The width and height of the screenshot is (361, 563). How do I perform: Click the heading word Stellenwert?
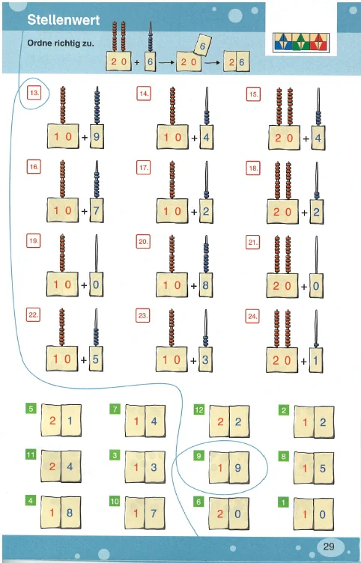click(x=63, y=19)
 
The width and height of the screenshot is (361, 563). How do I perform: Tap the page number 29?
click(x=329, y=547)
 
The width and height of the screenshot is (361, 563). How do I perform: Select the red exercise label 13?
click(x=34, y=93)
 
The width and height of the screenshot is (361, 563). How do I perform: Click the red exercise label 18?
click(x=253, y=168)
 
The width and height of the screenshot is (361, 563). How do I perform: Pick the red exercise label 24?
click(x=252, y=317)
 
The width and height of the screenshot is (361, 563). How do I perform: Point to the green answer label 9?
click(x=198, y=456)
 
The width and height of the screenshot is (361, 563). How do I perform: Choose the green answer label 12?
click(x=198, y=410)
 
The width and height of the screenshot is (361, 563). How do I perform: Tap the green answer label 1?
click(x=283, y=502)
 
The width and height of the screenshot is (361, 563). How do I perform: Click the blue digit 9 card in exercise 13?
click(x=97, y=136)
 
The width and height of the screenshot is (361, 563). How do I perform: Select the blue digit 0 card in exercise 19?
click(x=96, y=284)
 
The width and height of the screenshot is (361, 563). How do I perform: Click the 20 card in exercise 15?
click(x=284, y=138)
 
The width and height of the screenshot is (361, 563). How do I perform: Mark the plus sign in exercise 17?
click(x=194, y=212)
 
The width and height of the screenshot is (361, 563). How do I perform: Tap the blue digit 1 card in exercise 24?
click(x=316, y=360)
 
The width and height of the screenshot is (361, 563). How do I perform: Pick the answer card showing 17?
click(x=145, y=513)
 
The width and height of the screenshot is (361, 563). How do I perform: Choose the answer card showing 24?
click(x=61, y=466)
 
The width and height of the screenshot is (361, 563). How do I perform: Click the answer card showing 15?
click(x=314, y=468)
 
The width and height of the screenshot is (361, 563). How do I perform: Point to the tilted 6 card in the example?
click(x=202, y=45)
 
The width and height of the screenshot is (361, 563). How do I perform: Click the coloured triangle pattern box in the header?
click(x=301, y=43)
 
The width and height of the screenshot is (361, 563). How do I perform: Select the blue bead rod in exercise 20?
click(x=206, y=255)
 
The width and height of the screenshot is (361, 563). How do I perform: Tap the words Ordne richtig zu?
click(x=61, y=43)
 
